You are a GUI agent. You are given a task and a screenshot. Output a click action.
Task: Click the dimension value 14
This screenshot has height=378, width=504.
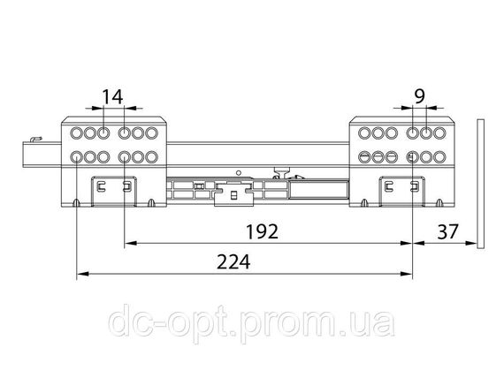(112, 97)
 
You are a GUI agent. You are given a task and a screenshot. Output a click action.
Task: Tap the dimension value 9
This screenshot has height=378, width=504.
(419, 96)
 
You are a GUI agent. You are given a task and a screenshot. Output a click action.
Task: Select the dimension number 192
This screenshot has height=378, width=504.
(262, 231)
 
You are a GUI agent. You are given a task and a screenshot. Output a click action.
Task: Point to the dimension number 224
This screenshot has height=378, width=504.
(233, 262)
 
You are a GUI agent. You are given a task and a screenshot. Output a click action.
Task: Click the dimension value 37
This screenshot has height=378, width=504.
(447, 231)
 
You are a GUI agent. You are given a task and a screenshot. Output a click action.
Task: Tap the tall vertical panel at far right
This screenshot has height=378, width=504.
(480, 184)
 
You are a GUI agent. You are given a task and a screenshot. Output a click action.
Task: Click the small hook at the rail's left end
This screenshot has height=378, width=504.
(35, 140)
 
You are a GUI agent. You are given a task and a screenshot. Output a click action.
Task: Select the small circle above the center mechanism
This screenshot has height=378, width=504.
(238, 173)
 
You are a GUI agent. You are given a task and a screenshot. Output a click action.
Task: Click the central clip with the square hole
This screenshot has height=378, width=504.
(233, 194)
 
